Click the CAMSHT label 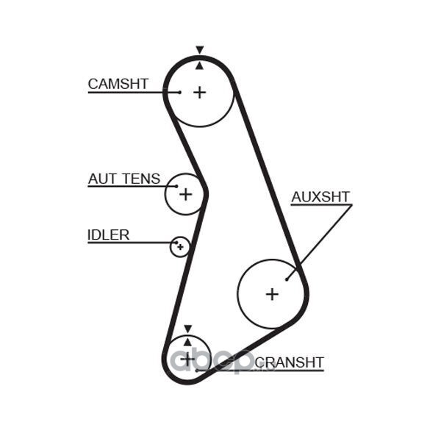(x=118, y=84)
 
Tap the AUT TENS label (x=124, y=179)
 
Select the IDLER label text (x=109, y=235)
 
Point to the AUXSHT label (x=320, y=197)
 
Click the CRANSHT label (x=290, y=362)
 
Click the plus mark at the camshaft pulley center (x=200, y=93)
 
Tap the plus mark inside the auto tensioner (x=186, y=194)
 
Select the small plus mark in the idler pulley (x=181, y=247)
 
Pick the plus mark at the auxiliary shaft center (x=272, y=294)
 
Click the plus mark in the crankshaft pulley (x=187, y=359)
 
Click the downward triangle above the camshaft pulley (x=200, y=50)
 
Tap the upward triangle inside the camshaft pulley (x=199, y=66)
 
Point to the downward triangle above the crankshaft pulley (x=187, y=329)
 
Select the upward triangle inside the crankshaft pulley (x=187, y=342)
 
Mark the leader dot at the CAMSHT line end (x=180, y=92)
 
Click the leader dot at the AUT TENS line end (x=176, y=186)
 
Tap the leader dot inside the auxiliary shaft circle (x=287, y=279)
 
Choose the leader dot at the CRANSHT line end (x=197, y=371)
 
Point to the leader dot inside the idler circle (x=176, y=243)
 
